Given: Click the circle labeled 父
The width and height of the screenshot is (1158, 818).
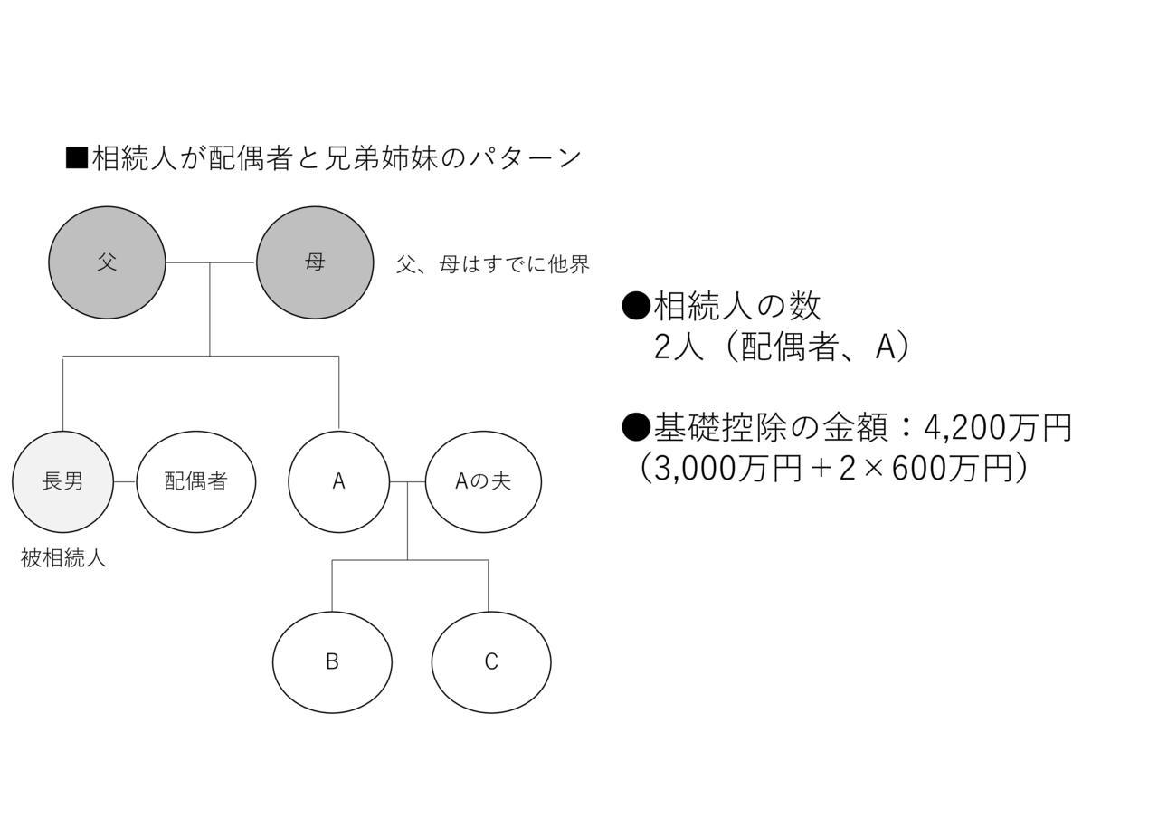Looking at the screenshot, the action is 107,262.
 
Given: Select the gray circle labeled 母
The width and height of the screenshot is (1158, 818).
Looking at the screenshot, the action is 315,262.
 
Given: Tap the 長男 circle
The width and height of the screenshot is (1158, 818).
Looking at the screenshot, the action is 62,482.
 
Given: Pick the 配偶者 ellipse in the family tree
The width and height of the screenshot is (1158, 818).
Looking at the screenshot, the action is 196,482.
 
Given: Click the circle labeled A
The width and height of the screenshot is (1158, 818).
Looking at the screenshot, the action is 338,482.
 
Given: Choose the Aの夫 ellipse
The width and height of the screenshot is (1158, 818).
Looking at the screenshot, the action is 483,482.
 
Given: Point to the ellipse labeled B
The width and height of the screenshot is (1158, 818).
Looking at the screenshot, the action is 332,662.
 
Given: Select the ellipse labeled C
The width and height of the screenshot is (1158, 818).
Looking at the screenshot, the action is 491,662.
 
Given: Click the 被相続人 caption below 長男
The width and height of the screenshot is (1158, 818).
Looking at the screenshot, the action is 63,558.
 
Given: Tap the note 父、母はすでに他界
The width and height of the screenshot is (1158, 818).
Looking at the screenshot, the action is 493,264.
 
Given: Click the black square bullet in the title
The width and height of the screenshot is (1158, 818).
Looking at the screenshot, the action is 77,158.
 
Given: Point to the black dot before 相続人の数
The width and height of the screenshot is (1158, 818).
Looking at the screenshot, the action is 635,306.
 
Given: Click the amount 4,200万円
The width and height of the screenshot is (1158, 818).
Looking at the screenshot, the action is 998,428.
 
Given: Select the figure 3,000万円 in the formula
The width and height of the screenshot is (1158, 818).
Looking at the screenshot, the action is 727,469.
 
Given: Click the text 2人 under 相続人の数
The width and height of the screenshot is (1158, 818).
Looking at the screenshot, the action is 679,347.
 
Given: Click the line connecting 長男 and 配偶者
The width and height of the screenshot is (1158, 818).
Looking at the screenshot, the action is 125,482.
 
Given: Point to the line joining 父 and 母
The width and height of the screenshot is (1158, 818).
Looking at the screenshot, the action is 211,262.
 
